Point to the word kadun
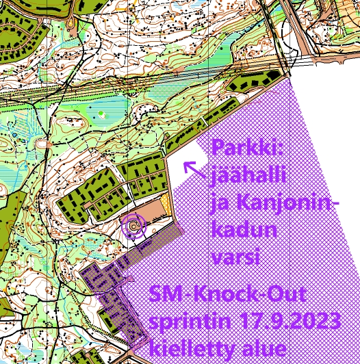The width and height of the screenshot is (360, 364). click(x=244, y=231)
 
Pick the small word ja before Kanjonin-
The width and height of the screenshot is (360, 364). click(x=222, y=205)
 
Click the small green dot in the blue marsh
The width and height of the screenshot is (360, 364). click(x=101, y=112)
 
